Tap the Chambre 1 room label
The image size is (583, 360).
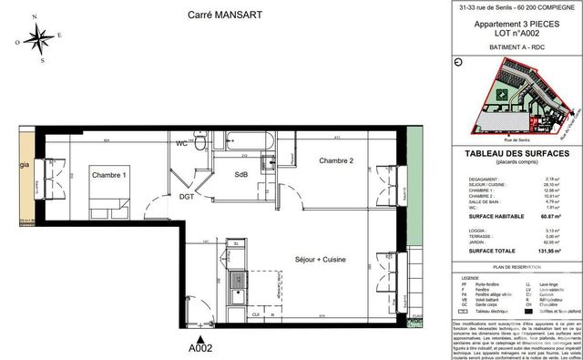pyautogui.click(x=108, y=174)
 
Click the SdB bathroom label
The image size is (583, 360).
pyautogui.click(x=241, y=175)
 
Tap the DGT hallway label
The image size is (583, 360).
pyautogui.click(x=186, y=195)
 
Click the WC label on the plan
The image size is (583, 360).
pyautogui.click(x=182, y=144)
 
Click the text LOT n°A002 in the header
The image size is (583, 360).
pyautogui.click(x=516, y=33)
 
